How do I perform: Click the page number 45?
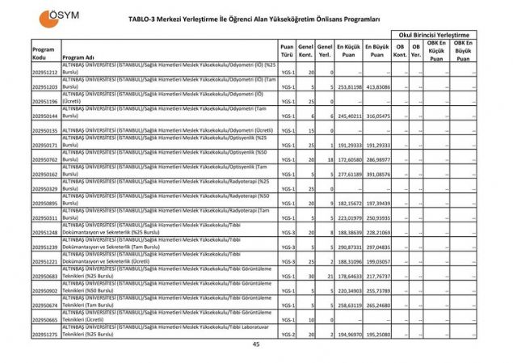click(256, 345)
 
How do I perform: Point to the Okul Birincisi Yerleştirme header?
click(434, 35)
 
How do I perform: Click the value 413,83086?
click(376, 87)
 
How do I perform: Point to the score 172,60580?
click(349, 160)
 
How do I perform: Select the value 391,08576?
click(376, 175)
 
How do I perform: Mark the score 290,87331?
click(349, 247)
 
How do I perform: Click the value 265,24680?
click(376, 305)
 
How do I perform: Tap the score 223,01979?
click(349, 217)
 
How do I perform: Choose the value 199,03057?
click(376, 261)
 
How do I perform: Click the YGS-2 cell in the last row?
click(287, 334)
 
